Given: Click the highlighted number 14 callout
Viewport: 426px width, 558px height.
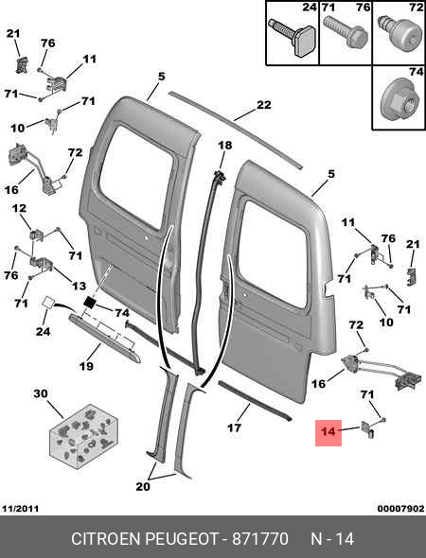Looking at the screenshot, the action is (328, 432).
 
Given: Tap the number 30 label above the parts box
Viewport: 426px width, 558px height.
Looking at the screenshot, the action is (41, 394).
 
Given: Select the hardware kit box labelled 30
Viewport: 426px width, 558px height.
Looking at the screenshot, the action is (83, 436).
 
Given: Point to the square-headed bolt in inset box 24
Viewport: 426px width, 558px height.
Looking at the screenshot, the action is (293, 36).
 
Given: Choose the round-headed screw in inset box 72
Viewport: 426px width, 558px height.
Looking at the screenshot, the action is (399, 32).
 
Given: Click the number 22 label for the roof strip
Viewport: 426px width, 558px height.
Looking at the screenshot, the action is (263, 105).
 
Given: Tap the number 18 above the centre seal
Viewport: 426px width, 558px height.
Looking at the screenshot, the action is (224, 146).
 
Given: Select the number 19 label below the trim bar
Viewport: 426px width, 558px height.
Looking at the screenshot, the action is (86, 366).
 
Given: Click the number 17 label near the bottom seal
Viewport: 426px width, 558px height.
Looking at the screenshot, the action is (234, 427).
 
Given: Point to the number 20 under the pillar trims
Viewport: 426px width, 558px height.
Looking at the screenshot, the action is (143, 486).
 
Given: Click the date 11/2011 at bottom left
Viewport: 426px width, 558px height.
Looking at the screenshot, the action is (20, 509).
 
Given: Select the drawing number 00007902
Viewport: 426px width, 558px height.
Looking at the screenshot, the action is (401, 509).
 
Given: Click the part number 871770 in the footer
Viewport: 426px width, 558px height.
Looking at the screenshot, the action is (260, 539).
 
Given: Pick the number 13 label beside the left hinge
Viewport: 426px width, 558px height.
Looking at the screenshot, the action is (79, 286).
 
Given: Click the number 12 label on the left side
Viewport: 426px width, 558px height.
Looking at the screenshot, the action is (19, 208).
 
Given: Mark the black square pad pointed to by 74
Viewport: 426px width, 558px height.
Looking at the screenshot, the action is (90, 303).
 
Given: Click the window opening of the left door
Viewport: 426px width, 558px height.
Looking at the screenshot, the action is (136, 176).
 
